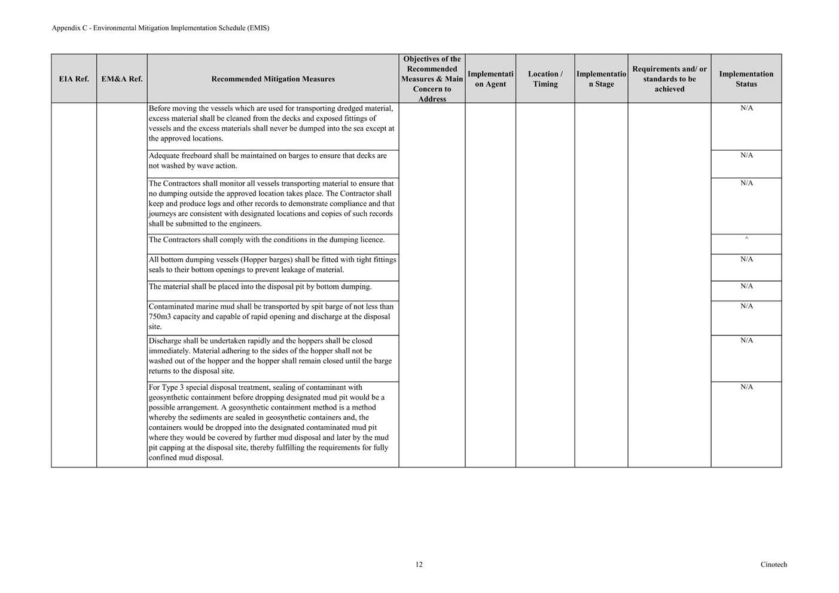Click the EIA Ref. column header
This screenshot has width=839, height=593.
[x=74, y=79]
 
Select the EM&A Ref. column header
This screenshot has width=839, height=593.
[x=122, y=79]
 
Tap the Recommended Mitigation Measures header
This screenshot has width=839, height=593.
[x=273, y=79]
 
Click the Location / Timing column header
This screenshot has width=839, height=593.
[x=545, y=79]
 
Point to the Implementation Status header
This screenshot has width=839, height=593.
[x=746, y=79]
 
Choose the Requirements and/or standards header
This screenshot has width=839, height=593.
[x=669, y=79]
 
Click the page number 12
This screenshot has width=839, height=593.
[x=419, y=564]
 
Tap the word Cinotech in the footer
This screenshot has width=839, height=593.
[x=774, y=564]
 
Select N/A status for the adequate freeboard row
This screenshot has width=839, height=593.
[x=746, y=155]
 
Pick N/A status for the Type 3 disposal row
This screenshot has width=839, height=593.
[x=746, y=387]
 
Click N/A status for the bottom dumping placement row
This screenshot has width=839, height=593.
[x=746, y=286]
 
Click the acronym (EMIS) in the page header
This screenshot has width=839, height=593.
[x=258, y=28]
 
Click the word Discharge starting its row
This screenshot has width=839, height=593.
[x=165, y=341]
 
